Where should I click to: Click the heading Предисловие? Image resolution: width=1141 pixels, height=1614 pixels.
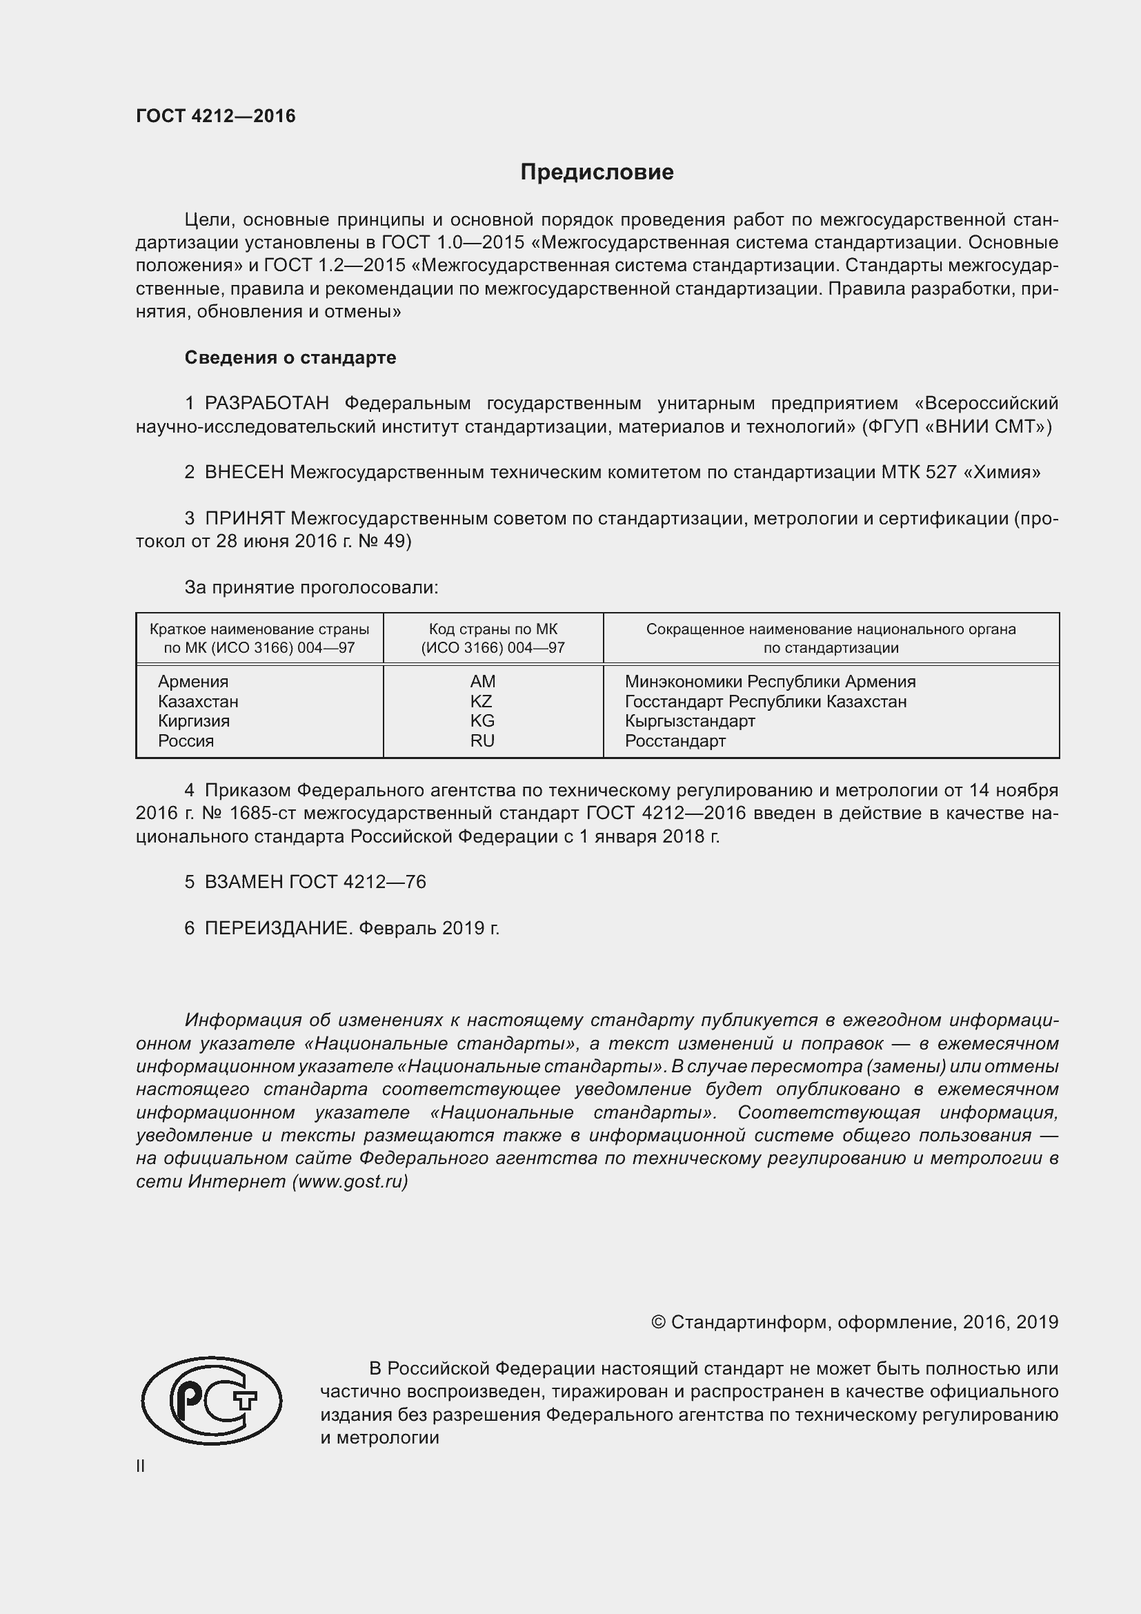(x=597, y=173)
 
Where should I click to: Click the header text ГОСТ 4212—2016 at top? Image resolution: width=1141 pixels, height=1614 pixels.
(x=216, y=116)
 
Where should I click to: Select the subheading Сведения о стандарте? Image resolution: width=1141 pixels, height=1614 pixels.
(x=290, y=358)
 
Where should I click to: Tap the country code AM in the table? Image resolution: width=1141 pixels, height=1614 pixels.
(x=483, y=681)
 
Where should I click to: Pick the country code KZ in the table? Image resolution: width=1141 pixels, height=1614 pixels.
(x=482, y=701)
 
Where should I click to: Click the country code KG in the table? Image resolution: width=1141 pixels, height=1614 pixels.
(x=482, y=720)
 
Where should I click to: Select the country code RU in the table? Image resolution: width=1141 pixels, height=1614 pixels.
(x=482, y=740)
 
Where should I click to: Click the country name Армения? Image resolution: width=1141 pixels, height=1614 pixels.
(x=193, y=681)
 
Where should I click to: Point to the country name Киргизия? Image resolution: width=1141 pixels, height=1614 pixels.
(x=194, y=720)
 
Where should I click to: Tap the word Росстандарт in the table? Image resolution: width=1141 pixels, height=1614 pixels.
(x=675, y=740)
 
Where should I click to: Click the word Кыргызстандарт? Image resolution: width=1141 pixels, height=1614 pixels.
(x=690, y=720)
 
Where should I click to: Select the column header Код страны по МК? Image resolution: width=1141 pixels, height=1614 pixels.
(x=493, y=629)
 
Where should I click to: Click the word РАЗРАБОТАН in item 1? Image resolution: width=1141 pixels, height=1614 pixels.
(x=266, y=404)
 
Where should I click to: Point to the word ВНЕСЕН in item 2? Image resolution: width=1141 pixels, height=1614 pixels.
(x=244, y=473)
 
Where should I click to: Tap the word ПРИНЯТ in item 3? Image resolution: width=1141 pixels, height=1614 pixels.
(x=244, y=519)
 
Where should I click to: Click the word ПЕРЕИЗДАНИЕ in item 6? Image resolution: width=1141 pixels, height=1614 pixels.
(x=276, y=929)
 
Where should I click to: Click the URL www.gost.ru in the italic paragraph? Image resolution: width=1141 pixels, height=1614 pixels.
(x=349, y=1181)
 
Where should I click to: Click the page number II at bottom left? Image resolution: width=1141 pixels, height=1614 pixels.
(x=141, y=1466)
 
